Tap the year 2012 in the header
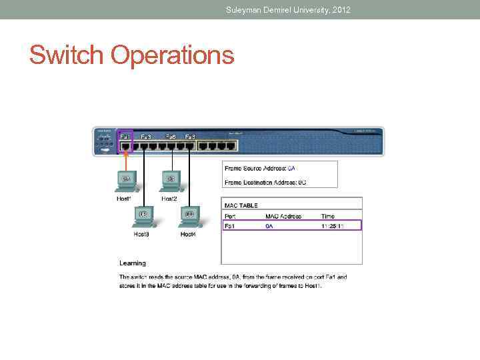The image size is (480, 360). click(x=339, y=9)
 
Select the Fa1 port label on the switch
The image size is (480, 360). click(x=125, y=137)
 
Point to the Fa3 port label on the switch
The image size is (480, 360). click(x=146, y=137)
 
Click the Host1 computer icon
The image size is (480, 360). click(x=125, y=181)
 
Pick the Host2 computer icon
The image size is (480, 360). click(x=170, y=181)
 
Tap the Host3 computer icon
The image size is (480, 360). click(x=141, y=216)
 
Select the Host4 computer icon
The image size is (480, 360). click(x=189, y=216)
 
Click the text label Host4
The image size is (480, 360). click(x=188, y=234)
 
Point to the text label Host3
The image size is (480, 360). click(x=141, y=234)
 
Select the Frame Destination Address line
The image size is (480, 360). click(x=265, y=181)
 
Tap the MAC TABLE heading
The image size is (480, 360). click(x=241, y=205)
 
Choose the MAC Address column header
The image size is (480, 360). click(x=283, y=216)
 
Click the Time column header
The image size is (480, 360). click(x=327, y=216)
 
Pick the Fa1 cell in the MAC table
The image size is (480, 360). click(x=230, y=226)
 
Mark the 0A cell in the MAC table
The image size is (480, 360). click(x=269, y=226)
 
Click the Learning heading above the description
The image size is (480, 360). click(x=133, y=263)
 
